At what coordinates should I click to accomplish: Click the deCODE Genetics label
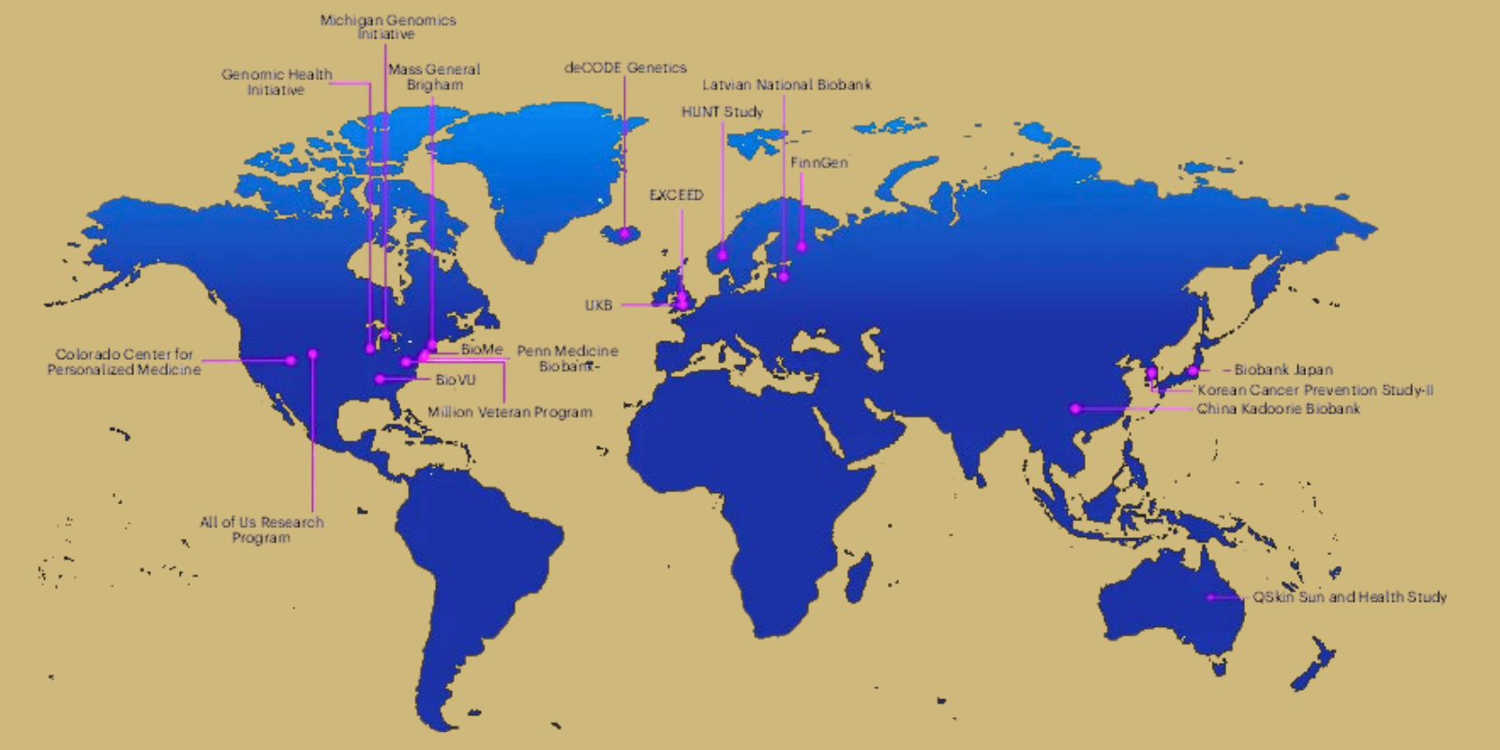coord(625,67)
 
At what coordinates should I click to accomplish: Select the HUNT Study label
coord(722,112)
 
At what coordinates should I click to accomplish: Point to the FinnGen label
coord(818,162)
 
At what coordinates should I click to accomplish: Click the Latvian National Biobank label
coord(787,84)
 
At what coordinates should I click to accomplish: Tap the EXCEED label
coord(676,195)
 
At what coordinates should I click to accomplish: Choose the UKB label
coord(598,305)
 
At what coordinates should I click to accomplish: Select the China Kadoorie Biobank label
coord(1278,409)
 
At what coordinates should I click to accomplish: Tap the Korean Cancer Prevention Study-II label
coord(1314,389)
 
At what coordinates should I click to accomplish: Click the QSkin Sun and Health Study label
coord(1349,596)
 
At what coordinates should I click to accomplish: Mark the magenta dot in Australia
coord(1210,597)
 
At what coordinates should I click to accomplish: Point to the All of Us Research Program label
coord(262,530)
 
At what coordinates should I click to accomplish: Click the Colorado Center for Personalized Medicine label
coord(125,362)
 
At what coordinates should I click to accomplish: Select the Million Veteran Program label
coord(510,412)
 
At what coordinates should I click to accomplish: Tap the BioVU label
coord(456,380)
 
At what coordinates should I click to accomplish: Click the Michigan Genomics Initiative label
coord(387,26)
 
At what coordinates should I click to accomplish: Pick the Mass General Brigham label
coord(434,76)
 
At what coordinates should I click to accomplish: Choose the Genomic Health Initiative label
coord(277,82)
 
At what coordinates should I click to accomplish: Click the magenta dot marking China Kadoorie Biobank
coord(1075,409)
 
